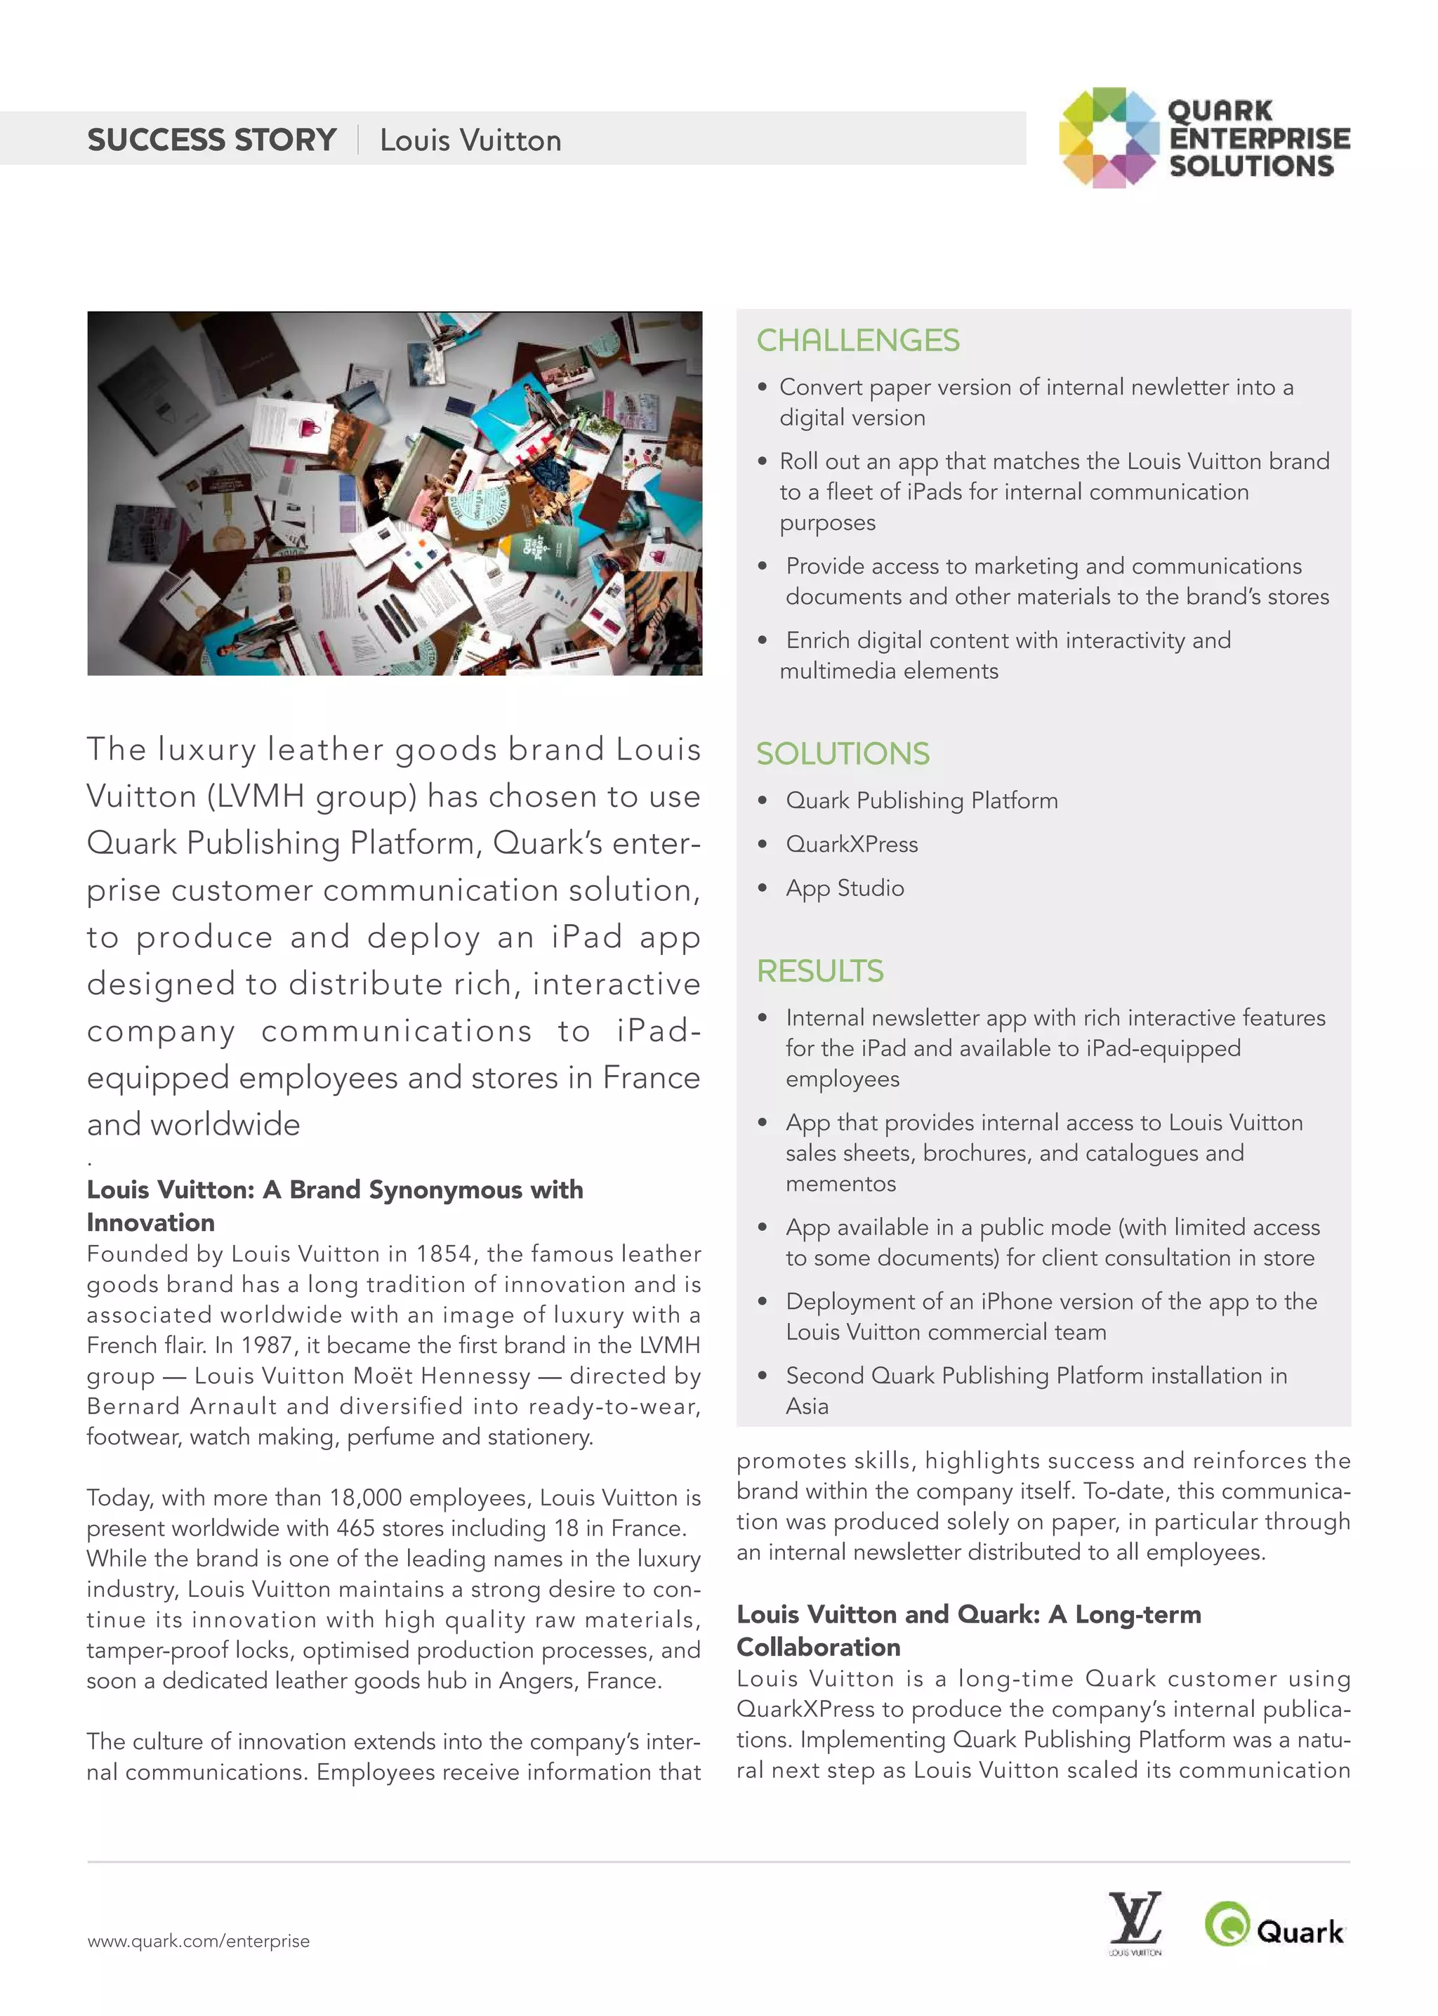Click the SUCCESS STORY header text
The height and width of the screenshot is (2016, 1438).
click(x=211, y=140)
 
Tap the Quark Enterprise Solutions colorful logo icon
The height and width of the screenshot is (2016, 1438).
click(x=1109, y=138)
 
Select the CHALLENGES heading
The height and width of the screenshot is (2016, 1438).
click(x=857, y=341)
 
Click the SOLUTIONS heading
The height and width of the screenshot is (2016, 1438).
click(x=842, y=753)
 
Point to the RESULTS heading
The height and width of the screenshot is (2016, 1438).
click(x=819, y=971)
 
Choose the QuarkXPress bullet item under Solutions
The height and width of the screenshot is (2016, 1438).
click(x=851, y=845)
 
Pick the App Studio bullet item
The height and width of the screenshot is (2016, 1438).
click(x=845, y=888)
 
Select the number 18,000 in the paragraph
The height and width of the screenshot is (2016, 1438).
click(x=366, y=1497)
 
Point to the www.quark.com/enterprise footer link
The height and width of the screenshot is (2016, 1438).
click(x=198, y=1941)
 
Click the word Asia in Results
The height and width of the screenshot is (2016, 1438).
click(x=807, y=1406)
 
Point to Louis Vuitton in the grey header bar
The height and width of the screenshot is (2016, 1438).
click(x=470, y=140)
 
